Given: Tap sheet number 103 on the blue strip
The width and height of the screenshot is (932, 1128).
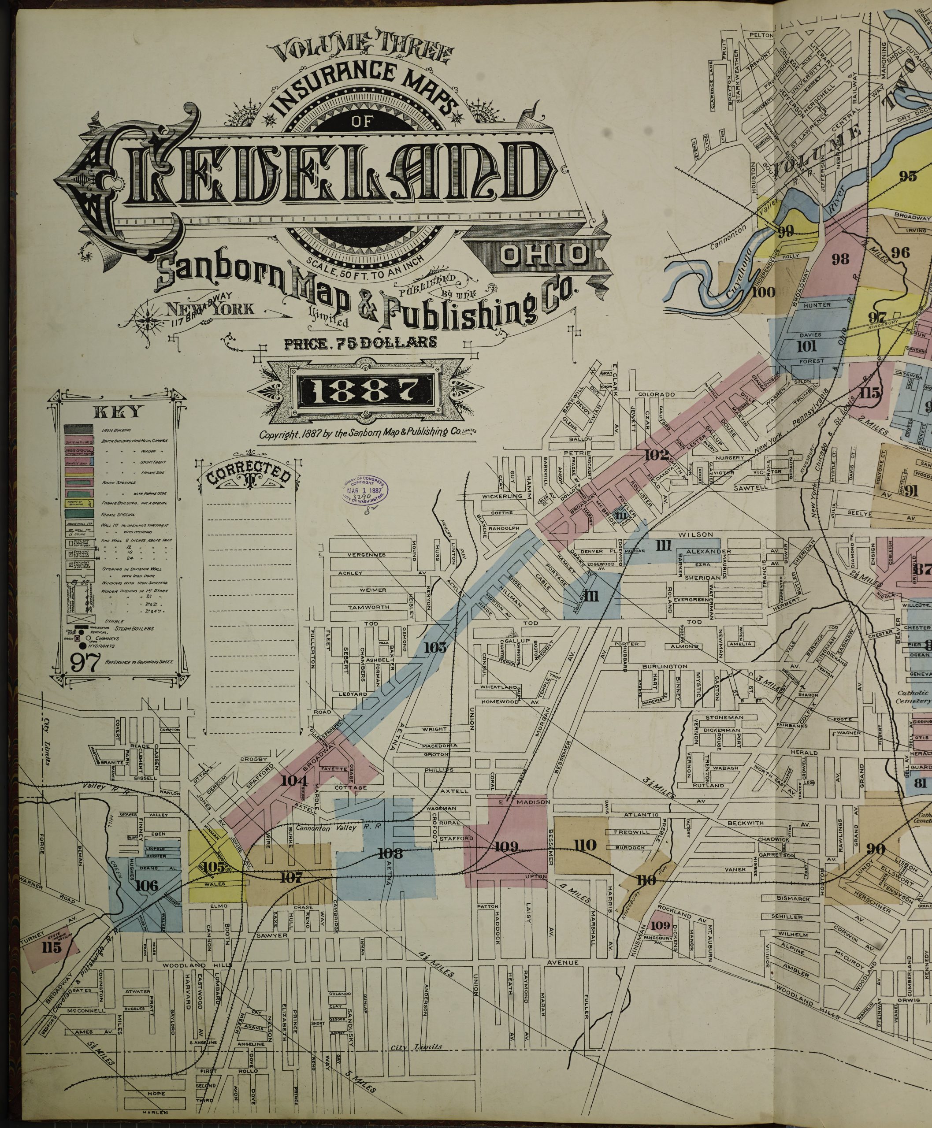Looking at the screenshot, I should (435, 647).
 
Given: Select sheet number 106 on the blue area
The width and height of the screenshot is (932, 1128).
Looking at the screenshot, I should (146, 885).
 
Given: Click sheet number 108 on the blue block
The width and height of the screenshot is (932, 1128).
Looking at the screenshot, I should (390, 853).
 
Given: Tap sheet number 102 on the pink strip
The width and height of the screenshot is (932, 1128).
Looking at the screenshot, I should (657, 455).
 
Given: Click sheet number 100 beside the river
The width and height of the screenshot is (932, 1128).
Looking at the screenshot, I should (763, 292).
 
